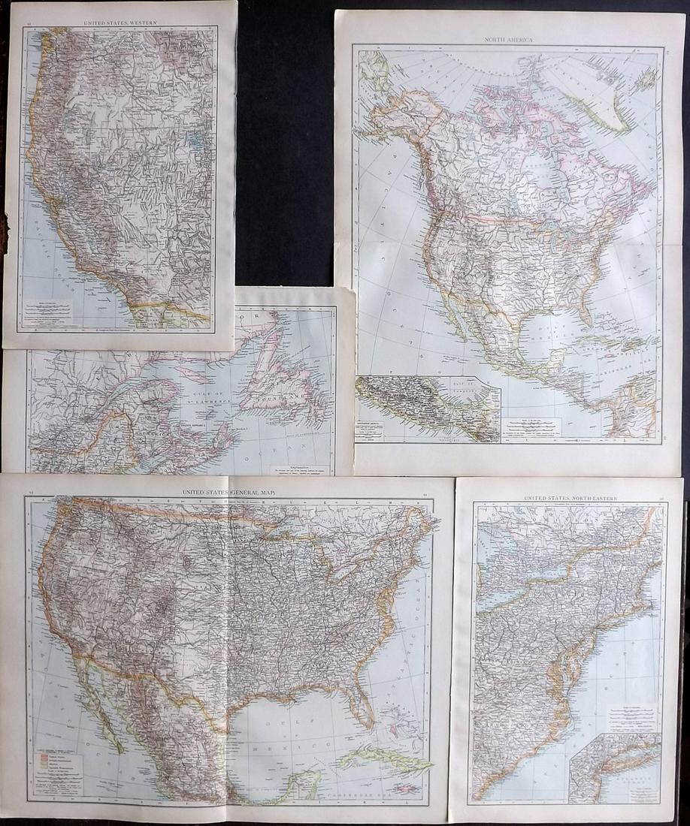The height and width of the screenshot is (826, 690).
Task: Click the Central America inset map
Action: pyautogui.click(x=427, y=408)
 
